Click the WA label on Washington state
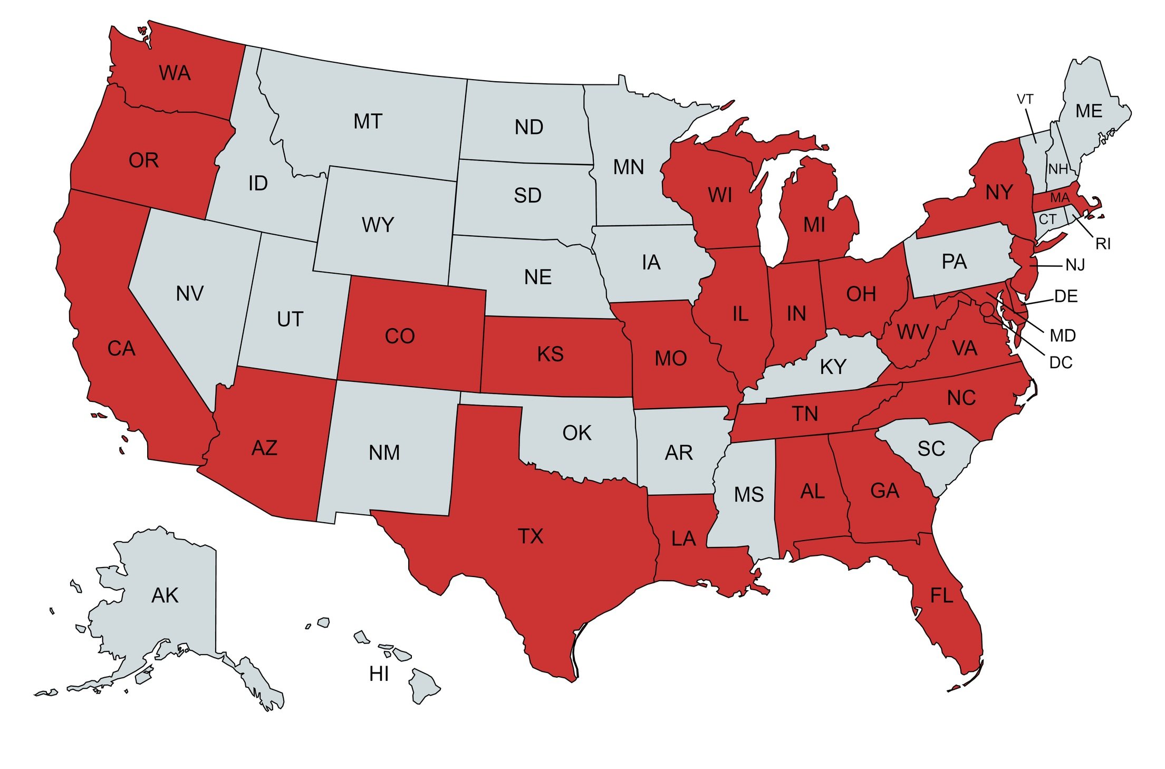175,73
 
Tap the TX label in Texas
530,536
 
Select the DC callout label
1061,363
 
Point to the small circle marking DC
987,310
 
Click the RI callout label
1103,244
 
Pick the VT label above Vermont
1025,99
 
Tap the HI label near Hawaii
379,674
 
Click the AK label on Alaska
165,595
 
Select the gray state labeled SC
931,449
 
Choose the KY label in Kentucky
833,367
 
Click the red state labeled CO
400,337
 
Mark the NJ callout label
1075,265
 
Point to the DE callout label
1066,296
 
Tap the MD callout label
1062,335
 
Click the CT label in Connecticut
1047,219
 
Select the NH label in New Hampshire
1057,169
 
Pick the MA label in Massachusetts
1060,198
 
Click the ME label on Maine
1089,111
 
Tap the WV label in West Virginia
912,332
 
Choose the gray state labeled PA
954,262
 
